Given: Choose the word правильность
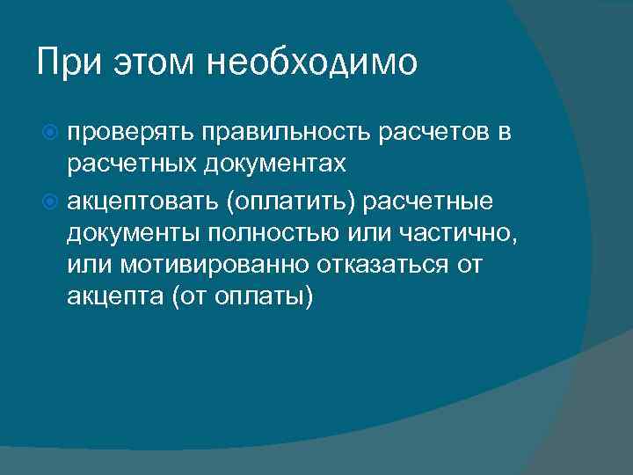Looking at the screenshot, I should (x=287, y=132).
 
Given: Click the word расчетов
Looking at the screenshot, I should (x=436, y=132).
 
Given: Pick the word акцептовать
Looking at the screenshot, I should (x=140, y=203).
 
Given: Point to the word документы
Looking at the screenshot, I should (x=131, y=235).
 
